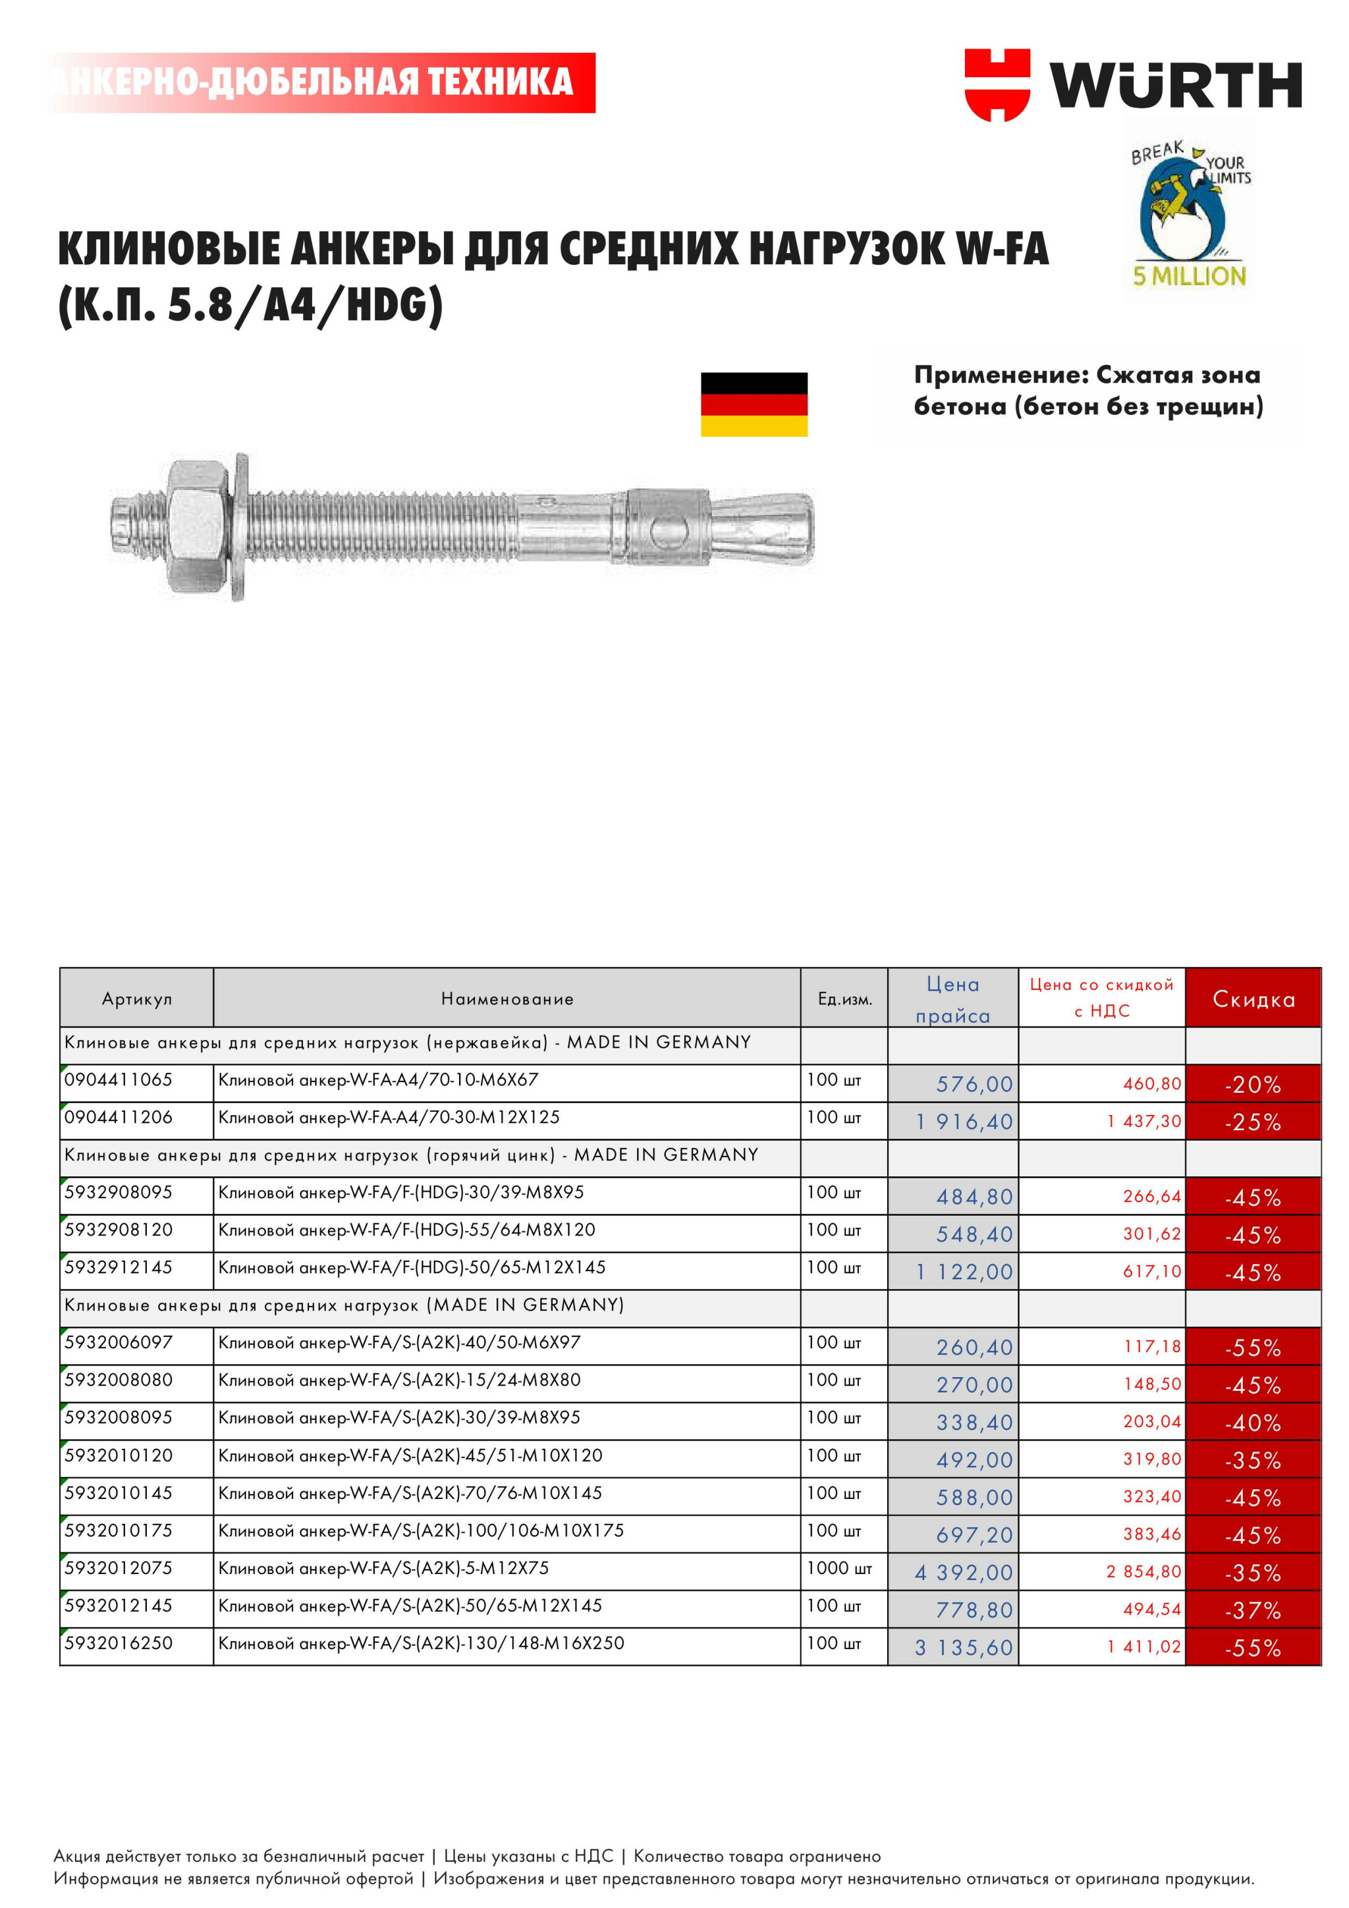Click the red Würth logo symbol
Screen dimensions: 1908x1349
(997, 84)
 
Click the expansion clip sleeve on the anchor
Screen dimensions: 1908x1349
(667, 527)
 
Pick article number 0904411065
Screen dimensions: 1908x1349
(118, 1079)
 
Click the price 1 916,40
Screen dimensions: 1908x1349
(964, 1122)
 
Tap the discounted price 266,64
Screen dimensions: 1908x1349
(1151, 1197)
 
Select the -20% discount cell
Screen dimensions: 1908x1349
(1253, 1085)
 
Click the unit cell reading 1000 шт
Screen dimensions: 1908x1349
(839, 1568)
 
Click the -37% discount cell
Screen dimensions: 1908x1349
(1253, 1610)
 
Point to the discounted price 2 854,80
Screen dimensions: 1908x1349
(1143, 1571)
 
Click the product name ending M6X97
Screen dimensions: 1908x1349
(399, 1342)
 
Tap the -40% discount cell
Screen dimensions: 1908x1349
(1253, 1423)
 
